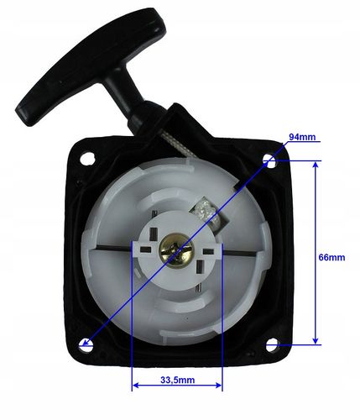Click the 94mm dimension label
click(x=302, y=137)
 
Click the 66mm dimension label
click(x=331, y=257)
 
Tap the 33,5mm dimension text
click(x=178, y=380)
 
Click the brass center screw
click(x=175, y=249)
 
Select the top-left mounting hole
click(x=87, y=159)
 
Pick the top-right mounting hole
click(x=270, y=161)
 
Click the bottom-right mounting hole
click(x=272, y=344)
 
